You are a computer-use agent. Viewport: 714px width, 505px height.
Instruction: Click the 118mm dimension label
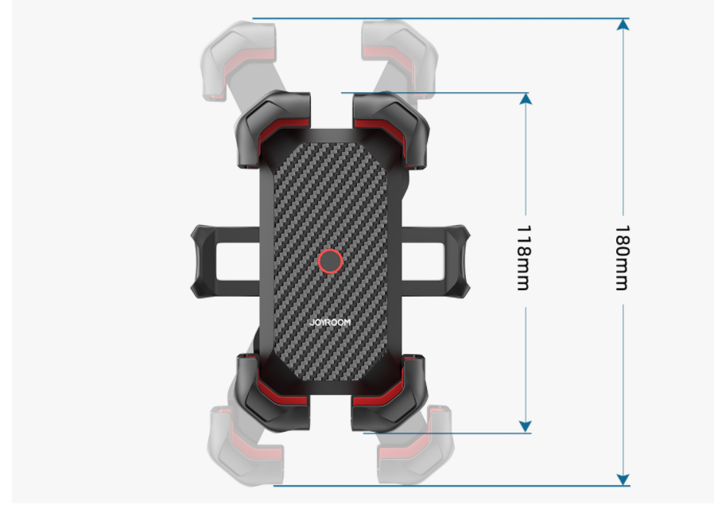coord(523,257)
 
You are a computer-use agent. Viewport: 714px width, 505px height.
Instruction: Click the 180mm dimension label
coord(622,257)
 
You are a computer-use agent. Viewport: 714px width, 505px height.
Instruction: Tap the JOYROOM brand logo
coord(329,323)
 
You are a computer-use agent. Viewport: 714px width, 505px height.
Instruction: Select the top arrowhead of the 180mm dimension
coord(623,24)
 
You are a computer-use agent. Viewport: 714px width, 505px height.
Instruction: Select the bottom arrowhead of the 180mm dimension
coord(623,479)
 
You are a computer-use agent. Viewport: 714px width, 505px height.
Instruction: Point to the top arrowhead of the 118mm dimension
coord(524,99)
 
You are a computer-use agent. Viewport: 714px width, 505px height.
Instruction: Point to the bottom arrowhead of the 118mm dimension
coord(524,427)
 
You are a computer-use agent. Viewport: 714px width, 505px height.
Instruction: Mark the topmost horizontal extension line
coord(437,18)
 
